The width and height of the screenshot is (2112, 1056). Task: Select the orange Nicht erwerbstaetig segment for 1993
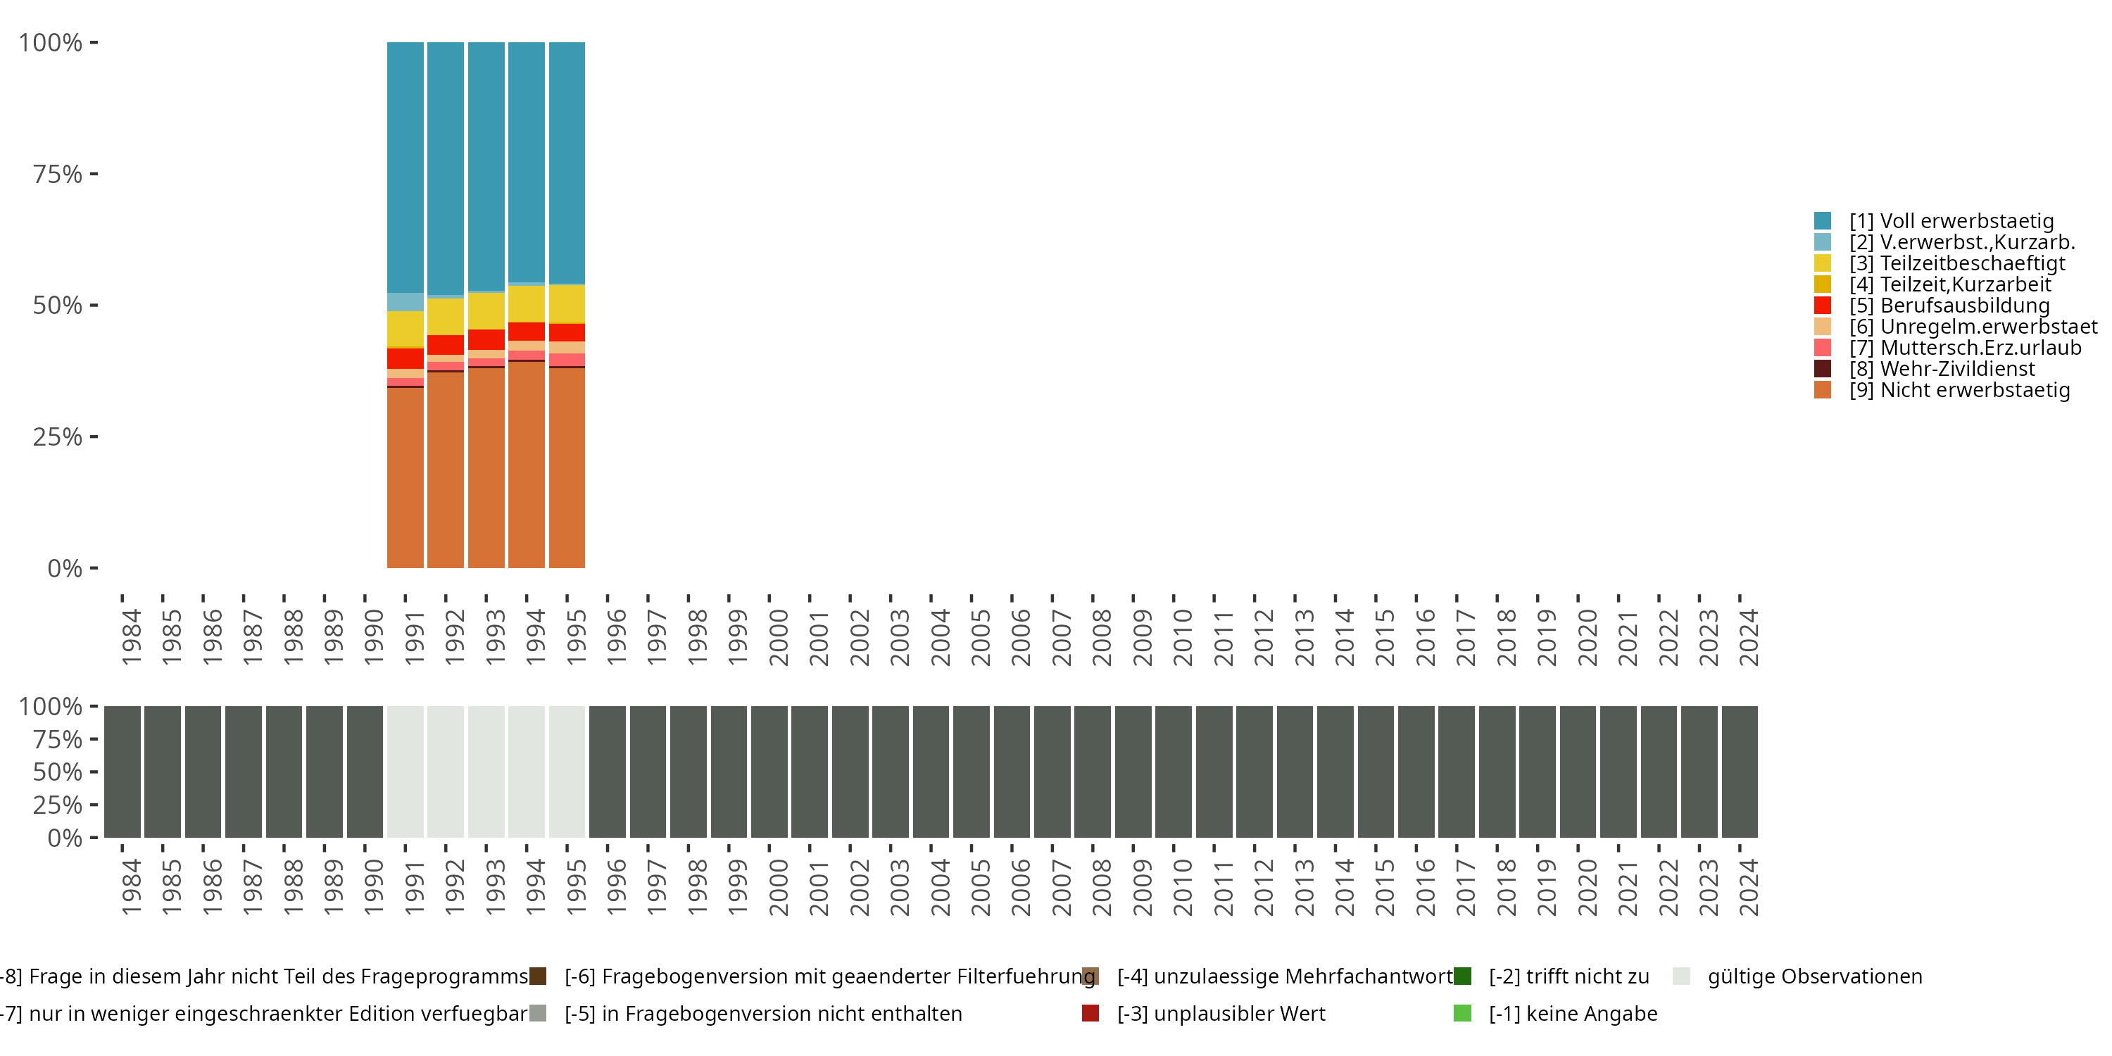486,467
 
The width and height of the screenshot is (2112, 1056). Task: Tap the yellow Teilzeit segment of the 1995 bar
567,303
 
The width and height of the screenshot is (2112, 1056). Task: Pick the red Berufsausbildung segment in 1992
445,344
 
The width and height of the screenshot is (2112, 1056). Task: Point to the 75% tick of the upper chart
58,174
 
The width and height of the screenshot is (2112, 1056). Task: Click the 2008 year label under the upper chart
1101,638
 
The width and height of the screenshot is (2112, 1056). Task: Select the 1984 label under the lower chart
131,888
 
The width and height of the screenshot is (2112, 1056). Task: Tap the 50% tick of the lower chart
58,772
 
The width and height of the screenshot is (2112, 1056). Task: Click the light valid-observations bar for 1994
527,772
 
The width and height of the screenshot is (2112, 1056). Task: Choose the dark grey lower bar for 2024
1739,772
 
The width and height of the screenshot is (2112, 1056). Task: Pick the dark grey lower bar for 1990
365,772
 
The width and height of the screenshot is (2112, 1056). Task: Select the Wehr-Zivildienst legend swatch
1822,369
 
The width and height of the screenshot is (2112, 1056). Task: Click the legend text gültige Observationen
1814,976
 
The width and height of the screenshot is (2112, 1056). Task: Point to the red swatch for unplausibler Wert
1090,1013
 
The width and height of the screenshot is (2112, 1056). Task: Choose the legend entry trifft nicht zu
1569,976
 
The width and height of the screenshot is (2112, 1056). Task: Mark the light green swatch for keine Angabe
1462,1013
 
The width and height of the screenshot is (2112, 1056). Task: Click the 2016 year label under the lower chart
1425,888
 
